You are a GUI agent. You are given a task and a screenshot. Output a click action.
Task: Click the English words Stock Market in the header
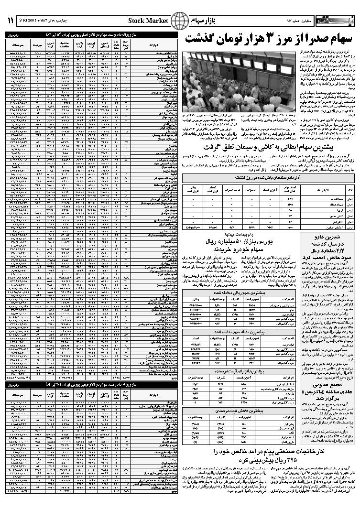click(148, 21)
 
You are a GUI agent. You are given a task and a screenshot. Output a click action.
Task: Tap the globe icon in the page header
click(179, 21)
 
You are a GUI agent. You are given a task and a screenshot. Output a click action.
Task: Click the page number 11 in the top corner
click(10, 20)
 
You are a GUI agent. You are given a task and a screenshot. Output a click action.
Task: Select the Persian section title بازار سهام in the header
click(200, 21)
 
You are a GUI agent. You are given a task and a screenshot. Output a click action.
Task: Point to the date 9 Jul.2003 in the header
click(30, 20)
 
